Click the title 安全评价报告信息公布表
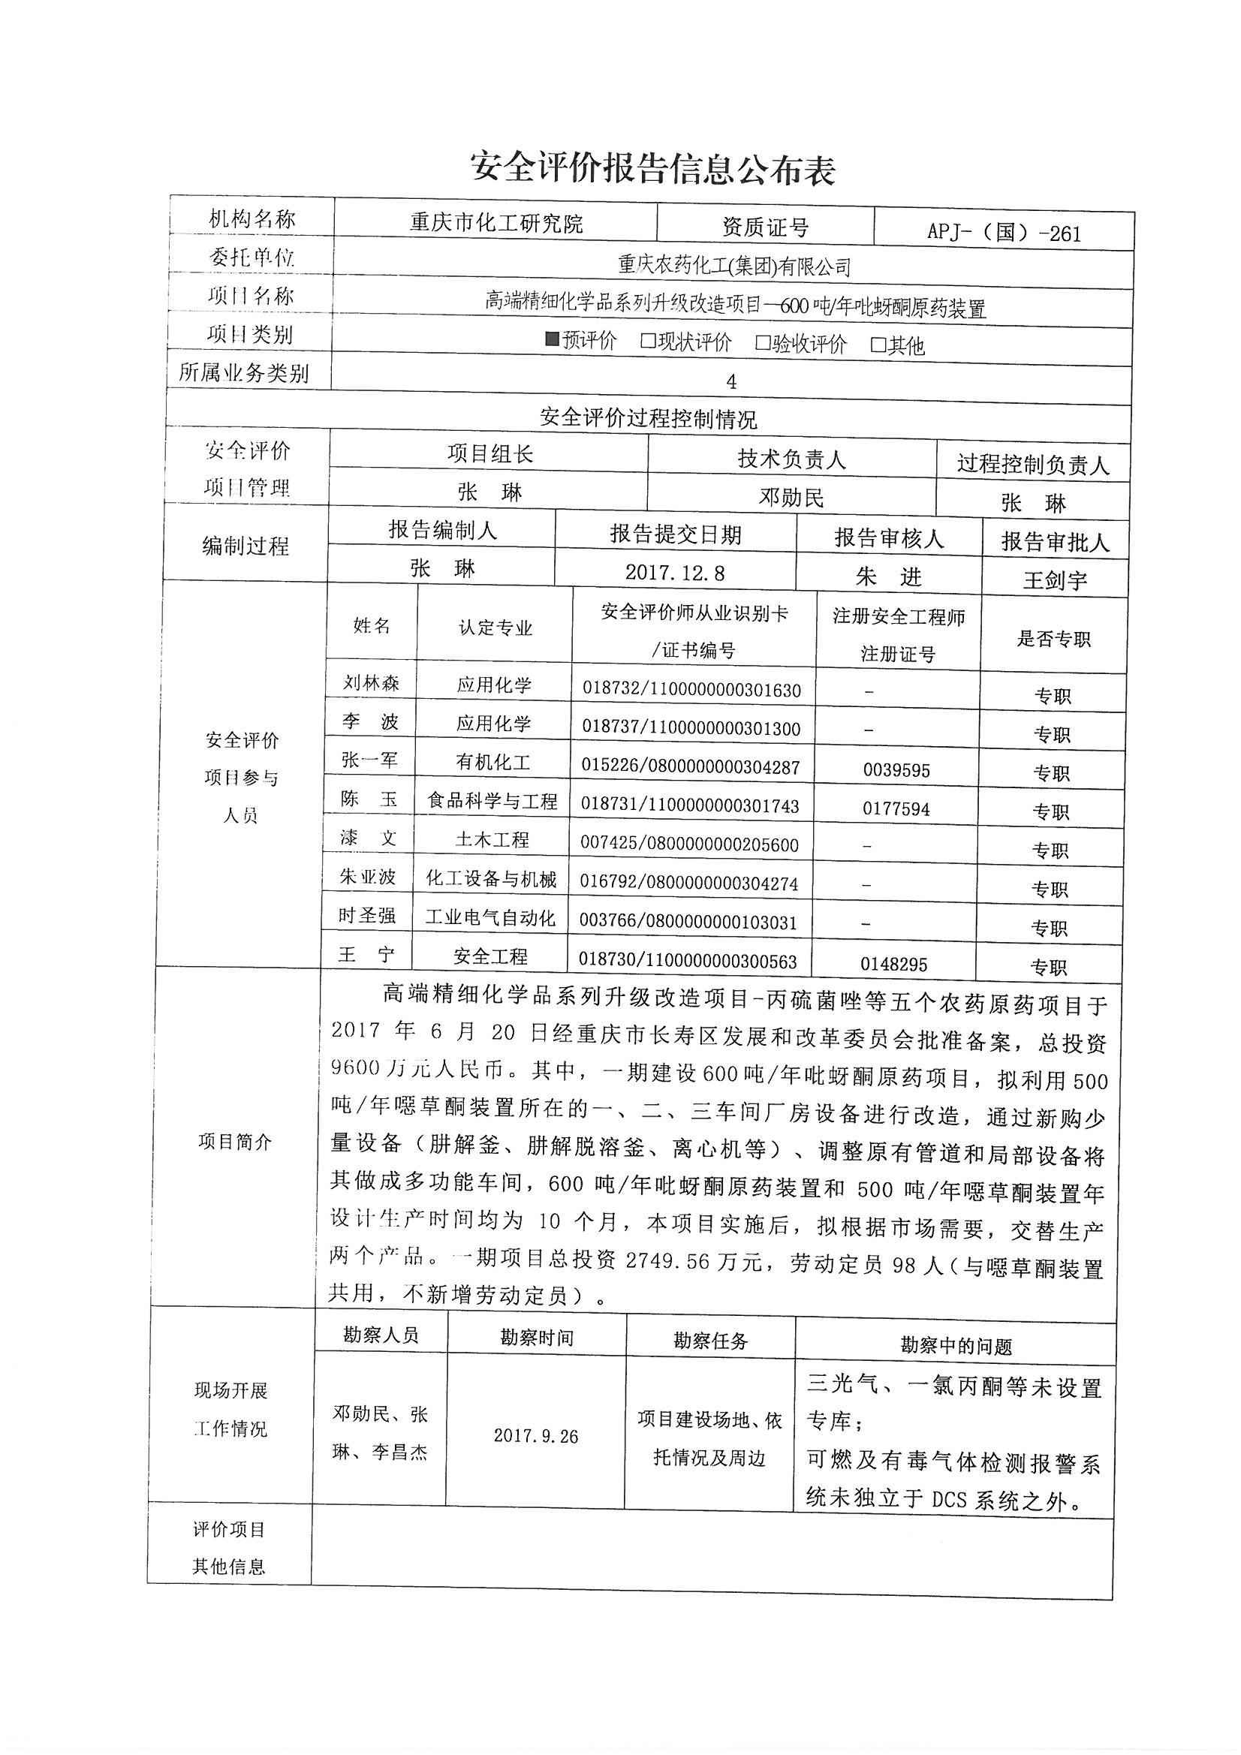point(652,169)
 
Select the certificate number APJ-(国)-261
point(1004,233)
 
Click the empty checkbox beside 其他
point(878,345)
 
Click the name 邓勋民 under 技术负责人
point(791,498)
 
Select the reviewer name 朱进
point(888,576)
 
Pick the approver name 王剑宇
point(1056,580)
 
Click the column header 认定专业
point(495,628)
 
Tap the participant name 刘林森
point(372,682)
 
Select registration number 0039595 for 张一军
point(896,770)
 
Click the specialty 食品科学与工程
point(492,801)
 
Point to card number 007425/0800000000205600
point(689,844)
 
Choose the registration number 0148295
point(893,964)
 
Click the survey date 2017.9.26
point(535,1436)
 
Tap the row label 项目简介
point(235,1142)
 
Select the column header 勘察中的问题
point(956,1346)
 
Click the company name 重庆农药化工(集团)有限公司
point(734,266)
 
